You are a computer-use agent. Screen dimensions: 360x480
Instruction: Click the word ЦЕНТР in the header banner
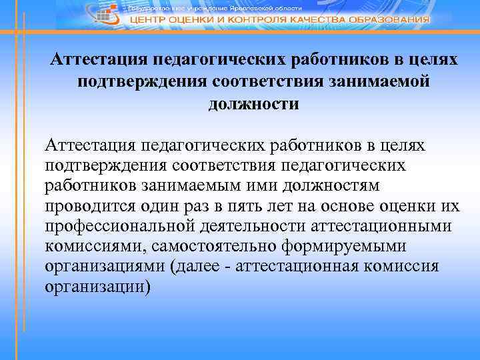click(x=151, y=19)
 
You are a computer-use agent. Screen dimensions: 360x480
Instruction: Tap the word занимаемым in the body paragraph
click(x=193, y=185)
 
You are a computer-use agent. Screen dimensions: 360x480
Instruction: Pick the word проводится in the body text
click(x=86, y=205)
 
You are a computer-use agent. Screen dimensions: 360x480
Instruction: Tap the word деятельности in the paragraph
click(x=250, y=226)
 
